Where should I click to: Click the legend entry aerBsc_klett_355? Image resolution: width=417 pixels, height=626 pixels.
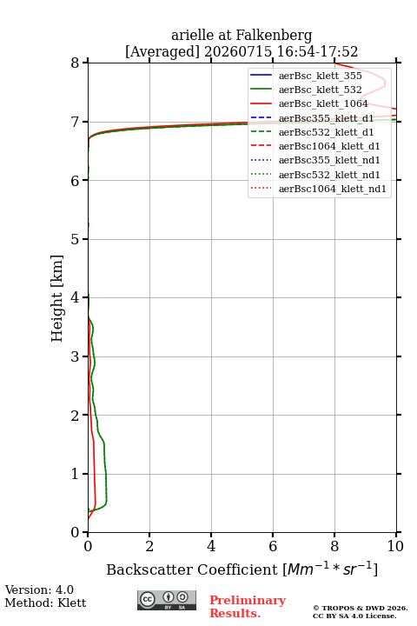click(x=320, y=76)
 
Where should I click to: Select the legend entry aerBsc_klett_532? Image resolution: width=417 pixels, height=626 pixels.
click(x=320, y=90)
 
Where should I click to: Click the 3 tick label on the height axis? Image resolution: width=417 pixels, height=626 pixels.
click(x=76, y=356)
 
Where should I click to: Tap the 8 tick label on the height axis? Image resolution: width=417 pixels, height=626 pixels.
click(x=76, y=63)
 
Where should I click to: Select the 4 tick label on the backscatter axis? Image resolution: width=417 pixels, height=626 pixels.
click(x=211, y=546)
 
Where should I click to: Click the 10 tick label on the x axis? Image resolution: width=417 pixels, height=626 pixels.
click(x=395, y=546)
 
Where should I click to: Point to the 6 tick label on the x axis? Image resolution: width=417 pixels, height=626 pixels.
click(x=273, y=546)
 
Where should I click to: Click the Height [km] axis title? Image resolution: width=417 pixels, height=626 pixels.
click(x=56, y=298)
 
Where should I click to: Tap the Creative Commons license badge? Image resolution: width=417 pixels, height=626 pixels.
click(x=167, y=601)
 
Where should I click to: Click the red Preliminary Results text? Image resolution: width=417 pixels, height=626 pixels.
click(x=248, y=607)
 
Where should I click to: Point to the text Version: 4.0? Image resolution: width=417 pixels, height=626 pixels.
click(x=39, y=589)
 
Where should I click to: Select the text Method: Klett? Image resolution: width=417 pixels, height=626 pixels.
click(x=45, y=603)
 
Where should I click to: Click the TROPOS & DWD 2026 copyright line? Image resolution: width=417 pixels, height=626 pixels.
click(x=361, y=608)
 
